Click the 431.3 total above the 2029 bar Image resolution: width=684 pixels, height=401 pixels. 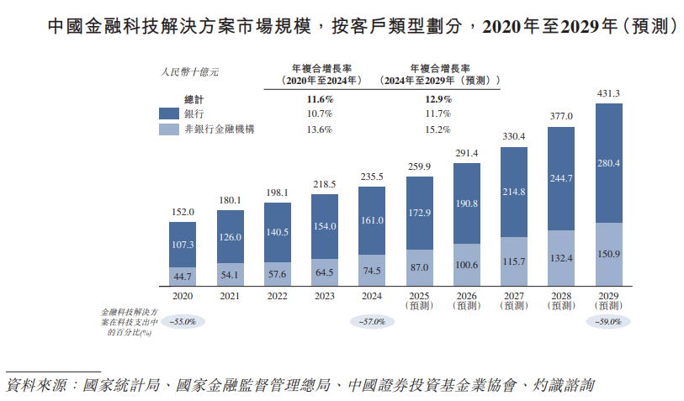click(x=608, y=93)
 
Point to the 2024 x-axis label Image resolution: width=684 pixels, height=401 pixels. click(x=371, y=297)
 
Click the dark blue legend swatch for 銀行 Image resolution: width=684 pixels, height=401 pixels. click(x=169, y=113)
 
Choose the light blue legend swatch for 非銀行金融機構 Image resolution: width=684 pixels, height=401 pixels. click(x=169, y=129)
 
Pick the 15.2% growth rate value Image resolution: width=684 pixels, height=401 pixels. click(x=437, y=129)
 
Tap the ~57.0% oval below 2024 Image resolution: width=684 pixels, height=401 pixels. click(x=371, y=322)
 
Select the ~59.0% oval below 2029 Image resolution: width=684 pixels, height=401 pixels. click(x=607, y=322)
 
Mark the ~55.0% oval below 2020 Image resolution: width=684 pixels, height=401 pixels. click(x=183, y=322)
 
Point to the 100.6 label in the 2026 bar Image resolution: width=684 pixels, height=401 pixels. click(x=466, y=266)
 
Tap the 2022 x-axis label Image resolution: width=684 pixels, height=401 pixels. click(x=277, y=297)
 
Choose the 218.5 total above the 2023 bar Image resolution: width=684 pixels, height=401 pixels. click(x=324, y=184)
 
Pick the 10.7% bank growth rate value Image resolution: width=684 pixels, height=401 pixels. click(x=320, y=113)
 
